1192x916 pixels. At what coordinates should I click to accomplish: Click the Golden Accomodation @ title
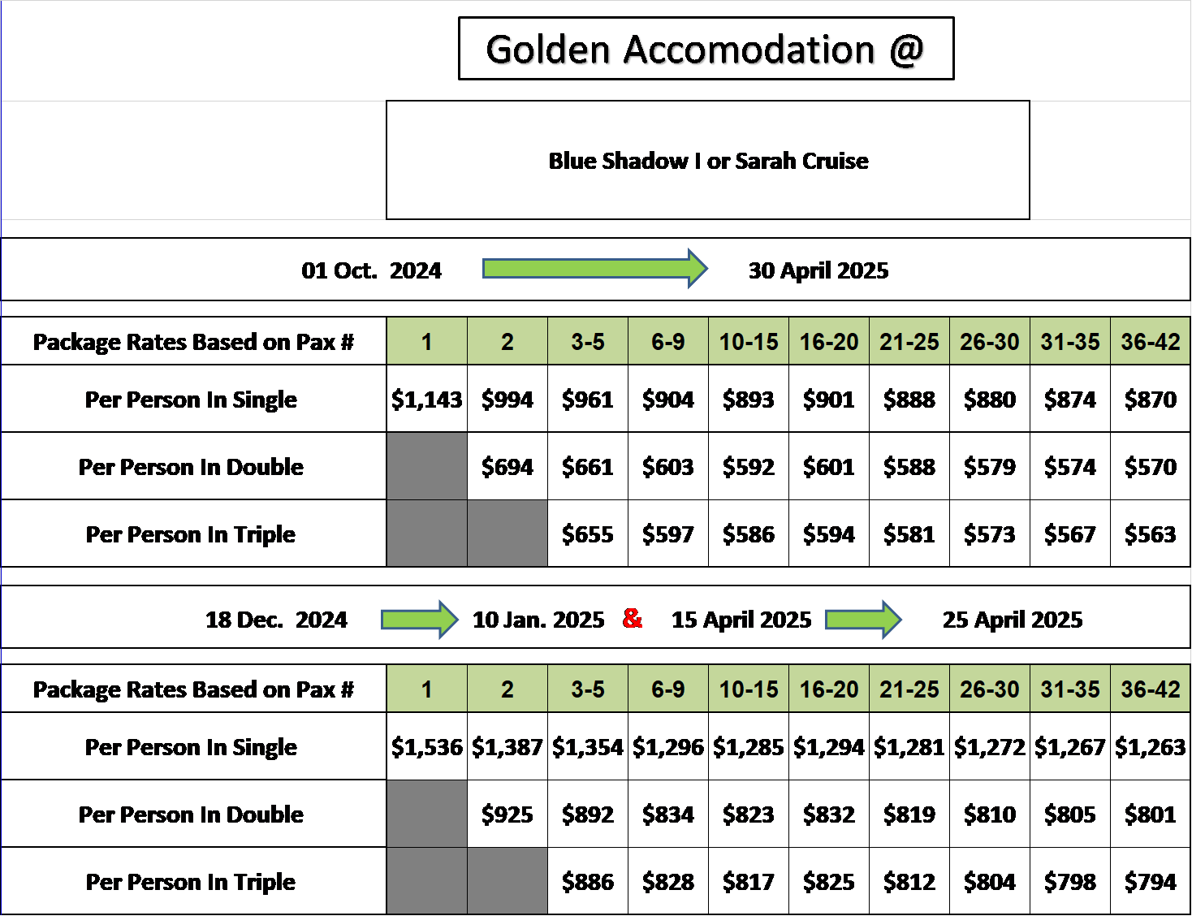[x=706, y=50]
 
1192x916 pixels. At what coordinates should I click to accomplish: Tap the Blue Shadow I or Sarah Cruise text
[x=708, y=161]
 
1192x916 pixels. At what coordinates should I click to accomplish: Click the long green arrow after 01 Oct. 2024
[x=594, y=269]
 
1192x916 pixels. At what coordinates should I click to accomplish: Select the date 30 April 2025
[x=818, y=270]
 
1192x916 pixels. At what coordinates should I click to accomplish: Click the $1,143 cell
[x=427, y=399]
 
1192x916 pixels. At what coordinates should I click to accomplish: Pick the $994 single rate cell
[x=507, y=399]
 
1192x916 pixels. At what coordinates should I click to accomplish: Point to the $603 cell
[x=668, y=467]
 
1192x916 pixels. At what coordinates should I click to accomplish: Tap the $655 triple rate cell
[x=588, y=534]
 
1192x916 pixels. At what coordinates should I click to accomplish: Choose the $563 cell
[x=1151, y=534]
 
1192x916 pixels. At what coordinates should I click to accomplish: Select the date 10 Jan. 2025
[x=538, y=620]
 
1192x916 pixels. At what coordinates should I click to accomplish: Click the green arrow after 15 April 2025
[x=863, y=620]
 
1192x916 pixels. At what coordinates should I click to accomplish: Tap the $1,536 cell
[x=427, y=746]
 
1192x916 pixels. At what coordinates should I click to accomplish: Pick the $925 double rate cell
[x=507, y=814]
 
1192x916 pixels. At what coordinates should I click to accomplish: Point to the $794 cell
[x=1151, y=881]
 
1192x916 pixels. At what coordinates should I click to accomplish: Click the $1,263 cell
[x=1151, y=746]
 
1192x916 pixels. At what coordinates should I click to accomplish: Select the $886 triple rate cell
[x=588, y=881]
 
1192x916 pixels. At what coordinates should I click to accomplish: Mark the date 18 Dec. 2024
[x=276, y=620]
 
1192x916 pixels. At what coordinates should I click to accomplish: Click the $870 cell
[x=1151, y=399]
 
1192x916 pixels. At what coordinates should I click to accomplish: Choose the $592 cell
[x=748, y=467]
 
